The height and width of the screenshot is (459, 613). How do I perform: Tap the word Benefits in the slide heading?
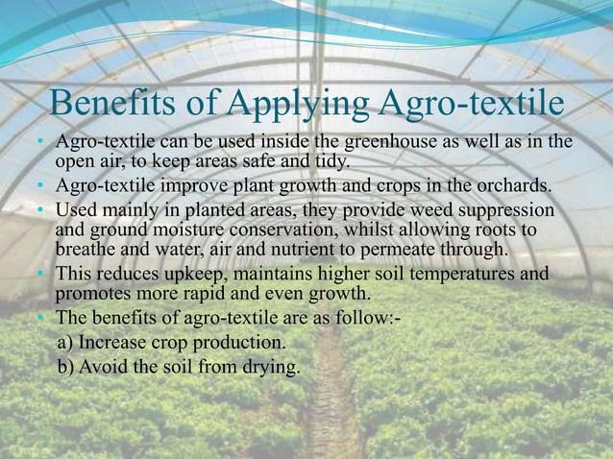pos(105,101)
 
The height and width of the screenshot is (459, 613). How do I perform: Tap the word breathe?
pos(91,252)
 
